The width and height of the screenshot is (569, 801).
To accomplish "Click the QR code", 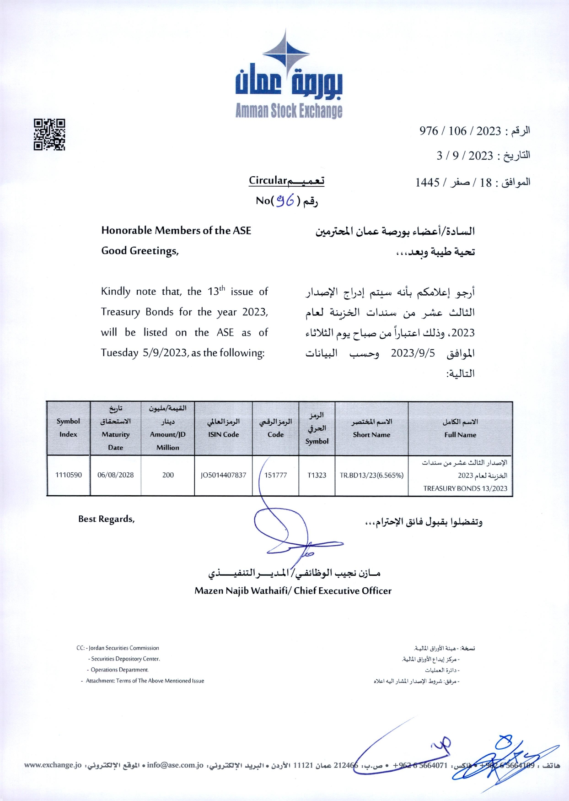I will [x=49, y=135].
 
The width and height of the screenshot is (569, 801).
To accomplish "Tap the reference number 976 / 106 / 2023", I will [x=460, y=131].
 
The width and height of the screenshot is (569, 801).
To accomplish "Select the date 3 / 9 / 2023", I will [x=464, y=156].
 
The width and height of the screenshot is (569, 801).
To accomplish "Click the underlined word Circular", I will [x=268, y=181].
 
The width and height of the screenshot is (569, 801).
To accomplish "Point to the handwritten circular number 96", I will [x=285, y=200].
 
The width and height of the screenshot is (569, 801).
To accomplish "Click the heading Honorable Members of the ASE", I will [x=176, y=231].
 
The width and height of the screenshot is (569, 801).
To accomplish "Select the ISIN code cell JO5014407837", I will [x=223, y=475].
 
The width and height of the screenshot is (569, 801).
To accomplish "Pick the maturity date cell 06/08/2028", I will [x=115, y=475].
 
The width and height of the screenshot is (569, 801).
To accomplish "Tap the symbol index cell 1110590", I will [x=69, y=475].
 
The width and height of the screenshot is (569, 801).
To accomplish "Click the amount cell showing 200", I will [x=168, y=475].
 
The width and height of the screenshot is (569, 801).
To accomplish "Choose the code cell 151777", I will [x=276, y=475].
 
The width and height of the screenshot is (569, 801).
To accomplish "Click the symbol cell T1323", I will [x=317, y=475].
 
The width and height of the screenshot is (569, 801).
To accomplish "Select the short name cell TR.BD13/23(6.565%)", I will [x=371, y=475].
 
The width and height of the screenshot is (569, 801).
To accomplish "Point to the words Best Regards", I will [x=106, y=519].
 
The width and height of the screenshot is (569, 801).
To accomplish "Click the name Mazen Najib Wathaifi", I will [x=242, y=591].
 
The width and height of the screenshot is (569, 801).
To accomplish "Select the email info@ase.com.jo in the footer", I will [x=175, y=765].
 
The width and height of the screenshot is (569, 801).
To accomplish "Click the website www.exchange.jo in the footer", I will [x=53, y=765].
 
